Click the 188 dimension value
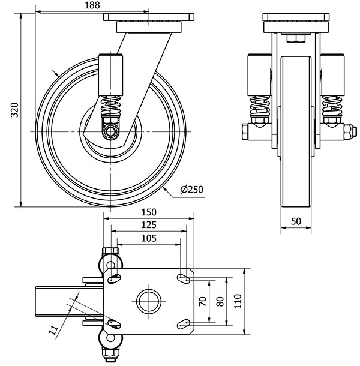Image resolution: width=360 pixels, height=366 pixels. (x=91, y=5)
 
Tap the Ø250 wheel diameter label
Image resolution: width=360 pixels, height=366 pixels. (x=192, y=190)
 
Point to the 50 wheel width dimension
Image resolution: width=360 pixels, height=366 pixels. (x=295, y=221)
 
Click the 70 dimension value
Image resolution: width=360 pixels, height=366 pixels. (x=203, y=300)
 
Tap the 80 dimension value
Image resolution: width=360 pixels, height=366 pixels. (x=220, y=300)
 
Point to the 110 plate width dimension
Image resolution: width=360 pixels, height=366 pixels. (x=238, y=300)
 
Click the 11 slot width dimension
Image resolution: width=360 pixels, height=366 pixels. (x=53, y=328)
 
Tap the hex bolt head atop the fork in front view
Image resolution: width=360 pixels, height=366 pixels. (x=295, y=39)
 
